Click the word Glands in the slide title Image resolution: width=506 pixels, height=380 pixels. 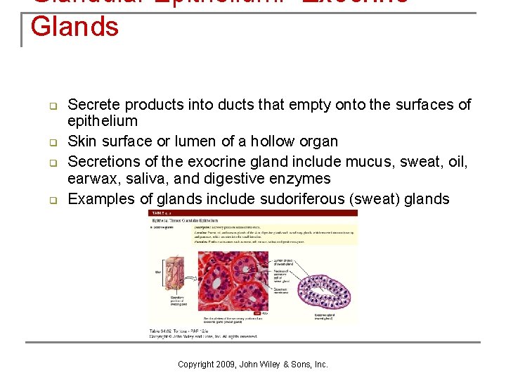pyautogui.click(x=74, y=27)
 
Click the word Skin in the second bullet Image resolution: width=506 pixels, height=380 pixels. pyautogui.click(x=82, y=141)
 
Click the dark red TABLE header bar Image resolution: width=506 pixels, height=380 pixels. pyautogui.click(x=252, y=213)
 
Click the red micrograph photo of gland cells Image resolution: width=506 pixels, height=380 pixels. pyautogui.click(x=233, y=280)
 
